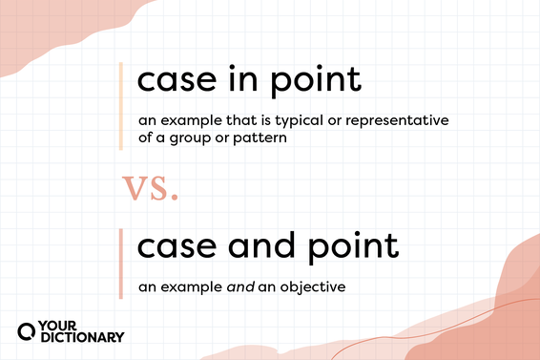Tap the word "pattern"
(x=259, y=138)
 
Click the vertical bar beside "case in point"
(x=120, y=105)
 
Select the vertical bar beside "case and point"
(x=120, y=264)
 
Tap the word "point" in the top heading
(x=317, y=79)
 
